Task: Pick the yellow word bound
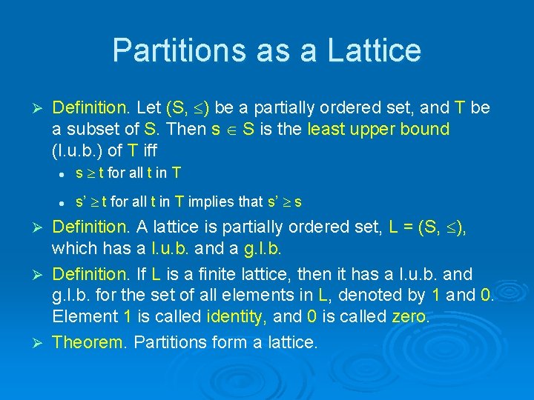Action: click(421, 130)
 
